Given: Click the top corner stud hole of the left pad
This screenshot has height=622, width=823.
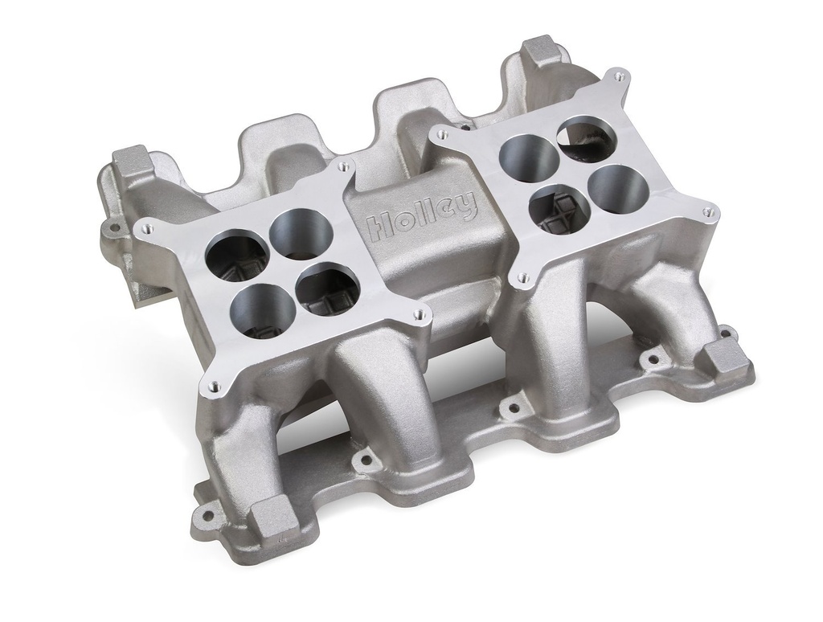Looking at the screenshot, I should point(343,166).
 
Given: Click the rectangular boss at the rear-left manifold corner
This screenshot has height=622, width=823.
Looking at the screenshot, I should point(125,164).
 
